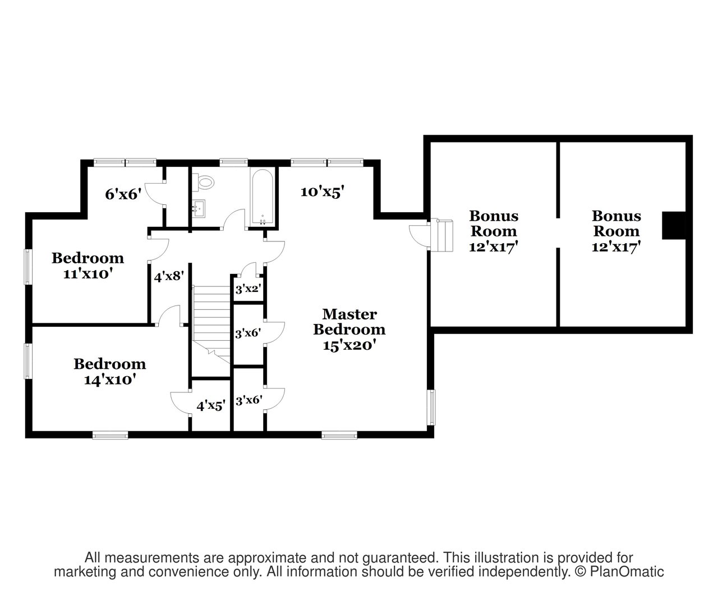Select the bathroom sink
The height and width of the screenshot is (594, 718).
199,208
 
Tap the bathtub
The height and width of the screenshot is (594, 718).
263,197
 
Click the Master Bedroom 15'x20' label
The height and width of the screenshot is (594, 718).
349,330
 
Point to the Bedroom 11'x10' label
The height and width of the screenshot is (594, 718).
88,266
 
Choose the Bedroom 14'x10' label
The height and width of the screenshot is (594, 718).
110,372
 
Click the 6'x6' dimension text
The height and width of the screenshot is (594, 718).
123,194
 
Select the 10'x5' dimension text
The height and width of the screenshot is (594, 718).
322,191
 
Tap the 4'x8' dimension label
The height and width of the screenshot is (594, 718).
168,276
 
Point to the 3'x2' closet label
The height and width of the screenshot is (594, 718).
248,289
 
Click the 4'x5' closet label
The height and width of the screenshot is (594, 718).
211,406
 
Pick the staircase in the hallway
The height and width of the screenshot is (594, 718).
211,324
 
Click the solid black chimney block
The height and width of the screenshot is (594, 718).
674,226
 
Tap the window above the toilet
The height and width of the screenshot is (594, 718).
233,162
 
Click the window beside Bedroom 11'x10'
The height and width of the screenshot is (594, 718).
28,267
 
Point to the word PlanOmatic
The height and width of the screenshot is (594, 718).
627,572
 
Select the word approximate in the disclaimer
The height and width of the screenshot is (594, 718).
267,558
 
